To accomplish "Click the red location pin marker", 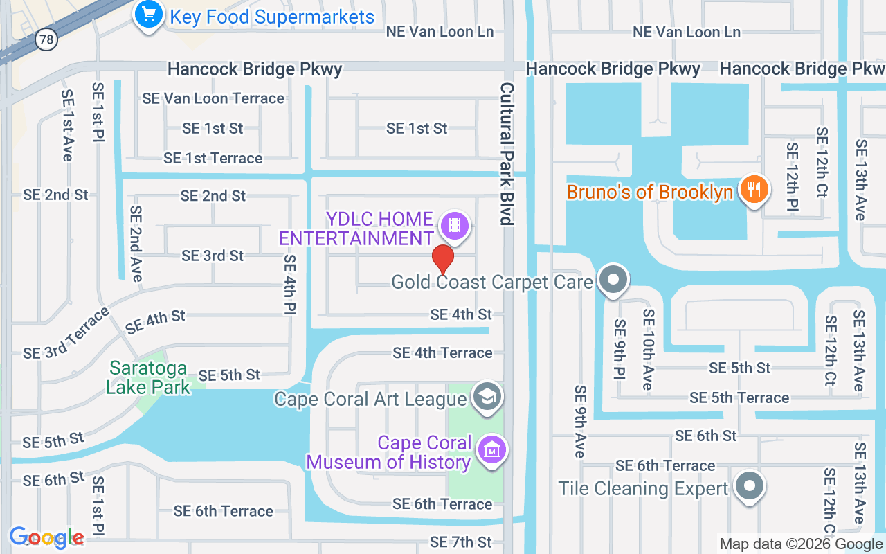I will [443, 260].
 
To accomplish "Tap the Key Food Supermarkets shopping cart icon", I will [148, 15].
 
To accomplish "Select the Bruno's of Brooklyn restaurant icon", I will [753, 189].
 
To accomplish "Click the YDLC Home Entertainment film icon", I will [454, 225].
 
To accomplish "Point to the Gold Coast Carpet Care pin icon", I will [612, 280].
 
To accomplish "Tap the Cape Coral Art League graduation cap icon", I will [487, 397].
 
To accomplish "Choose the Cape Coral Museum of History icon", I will [491, 450].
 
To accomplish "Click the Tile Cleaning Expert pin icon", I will [749, 486].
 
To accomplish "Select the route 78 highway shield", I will [46, 39].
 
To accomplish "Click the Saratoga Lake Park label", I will [148, 377].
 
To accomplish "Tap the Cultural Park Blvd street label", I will [508, 154].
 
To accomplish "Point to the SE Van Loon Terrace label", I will [213, 98].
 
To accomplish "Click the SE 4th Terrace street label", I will [442, 353].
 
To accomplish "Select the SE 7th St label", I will [460, 542].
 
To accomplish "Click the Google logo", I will [47, 537].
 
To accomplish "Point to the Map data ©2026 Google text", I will [801, 544].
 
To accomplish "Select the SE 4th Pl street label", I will [289, 285].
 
